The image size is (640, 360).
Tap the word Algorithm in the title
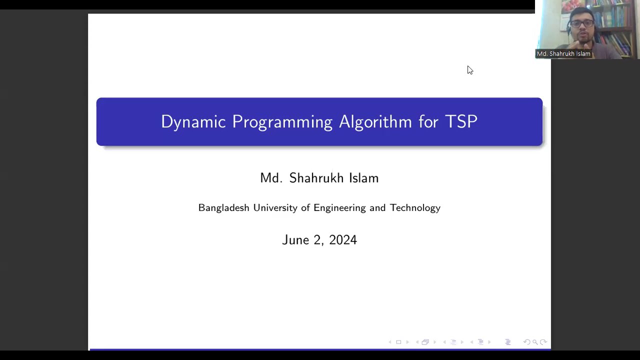(375, 121)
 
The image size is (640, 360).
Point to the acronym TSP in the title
(461, 121)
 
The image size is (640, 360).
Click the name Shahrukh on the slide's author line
(317, 178)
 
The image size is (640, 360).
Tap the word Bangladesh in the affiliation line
(223, 208)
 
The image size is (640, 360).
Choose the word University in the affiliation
(275, 208)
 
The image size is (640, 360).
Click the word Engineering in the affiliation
(339, 208)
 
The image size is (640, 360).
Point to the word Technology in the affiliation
(415, 208)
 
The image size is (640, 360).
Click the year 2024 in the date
(343, 240)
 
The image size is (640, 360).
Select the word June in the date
(295, 240)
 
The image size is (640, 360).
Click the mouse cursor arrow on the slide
(469, 70)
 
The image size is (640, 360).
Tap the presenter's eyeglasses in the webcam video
(582, 23)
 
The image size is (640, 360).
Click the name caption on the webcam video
(563, 53)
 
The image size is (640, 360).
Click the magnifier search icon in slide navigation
(534, 342)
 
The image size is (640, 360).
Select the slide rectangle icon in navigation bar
(398, 342)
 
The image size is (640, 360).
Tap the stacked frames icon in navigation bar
(425, 342)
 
